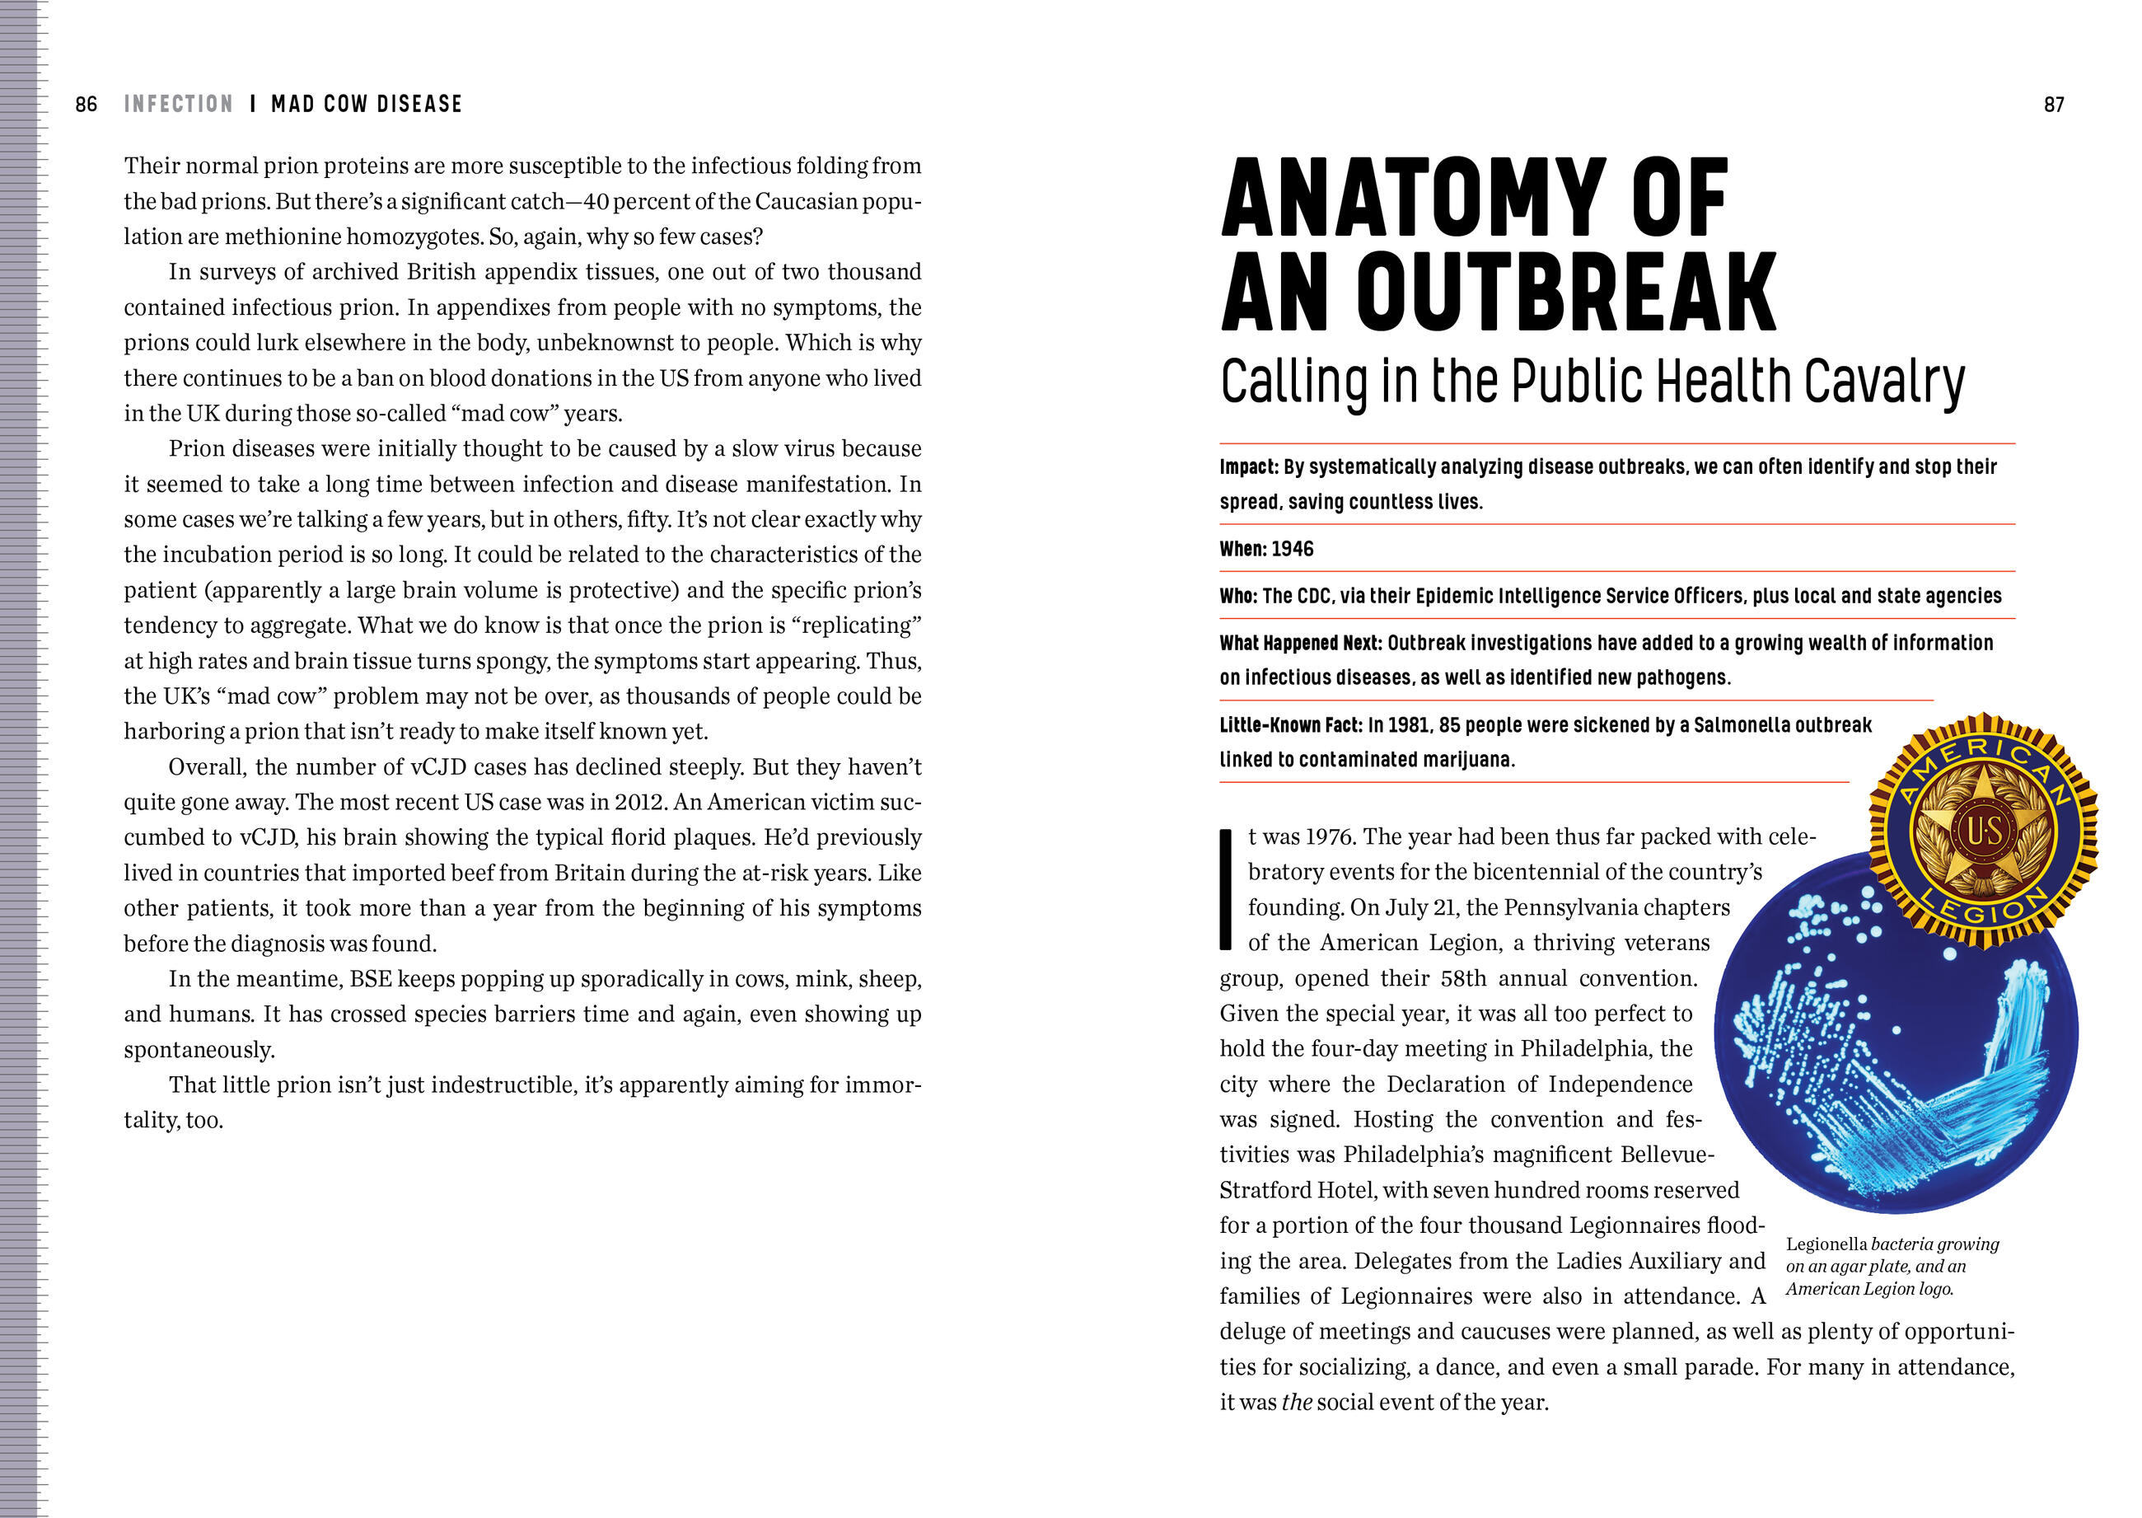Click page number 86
(86, 104)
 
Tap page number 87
(2053, 105)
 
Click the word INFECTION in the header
(179, 104)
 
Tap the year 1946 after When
(1293, 549)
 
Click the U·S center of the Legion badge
(1983, 831)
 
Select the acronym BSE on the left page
(370, 979)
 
